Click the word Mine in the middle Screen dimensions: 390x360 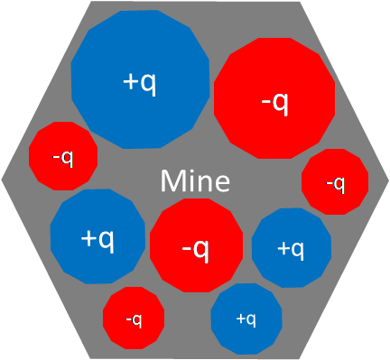[195, 180]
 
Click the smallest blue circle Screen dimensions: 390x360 [246, 318]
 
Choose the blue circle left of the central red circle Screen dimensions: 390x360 [97, 237]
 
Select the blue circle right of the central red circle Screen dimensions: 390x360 [291, 248]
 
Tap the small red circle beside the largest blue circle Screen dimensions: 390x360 [63, 156]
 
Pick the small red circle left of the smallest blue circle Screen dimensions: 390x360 [134, 318]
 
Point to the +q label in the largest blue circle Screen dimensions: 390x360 [139, 82]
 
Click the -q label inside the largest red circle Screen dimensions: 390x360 [274, 103]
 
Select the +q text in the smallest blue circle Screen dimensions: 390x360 [246, 318]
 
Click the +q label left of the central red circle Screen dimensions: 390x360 [97, 238]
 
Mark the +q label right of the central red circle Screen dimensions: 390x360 [291, 248]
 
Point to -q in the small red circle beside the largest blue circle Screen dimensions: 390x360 [63, 157]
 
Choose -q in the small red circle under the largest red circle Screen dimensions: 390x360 [335, 184]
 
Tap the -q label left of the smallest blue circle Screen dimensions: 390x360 [134, 319]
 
